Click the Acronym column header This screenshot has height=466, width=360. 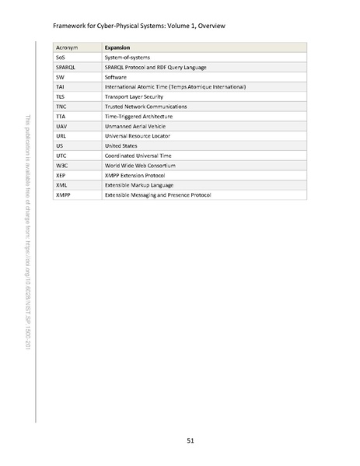(x=67, y=47)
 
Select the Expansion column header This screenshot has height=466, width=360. (x=117, y=47)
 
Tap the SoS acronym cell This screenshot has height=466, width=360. (x=61, y=58)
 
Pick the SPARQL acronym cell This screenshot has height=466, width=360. (x=66, y=67)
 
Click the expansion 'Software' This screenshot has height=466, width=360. (x=117, y=77)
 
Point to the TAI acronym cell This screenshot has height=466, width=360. (x=61, y=86)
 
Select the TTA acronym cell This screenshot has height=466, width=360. (x=61, y=116)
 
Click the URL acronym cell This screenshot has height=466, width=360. (x=61, y=135)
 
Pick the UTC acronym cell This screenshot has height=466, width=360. (x=61, y=155)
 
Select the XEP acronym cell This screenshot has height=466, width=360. (x=61, y=174)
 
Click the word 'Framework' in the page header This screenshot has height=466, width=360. (x=68, y=26)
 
